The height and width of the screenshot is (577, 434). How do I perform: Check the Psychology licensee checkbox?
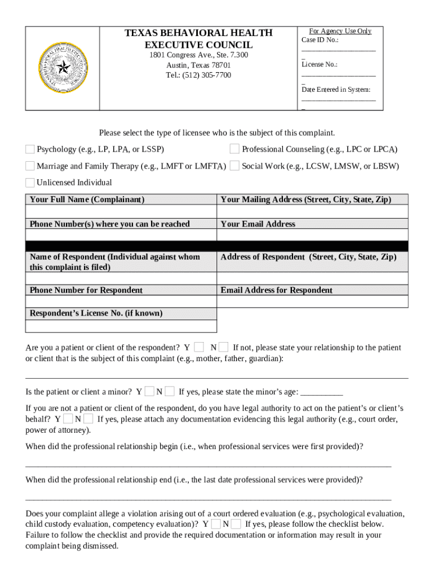click(x=30, y=149)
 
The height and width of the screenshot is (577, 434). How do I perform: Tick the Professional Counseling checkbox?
click(x=234, y=149)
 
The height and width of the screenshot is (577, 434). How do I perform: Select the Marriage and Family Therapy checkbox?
click(x=30, y=166)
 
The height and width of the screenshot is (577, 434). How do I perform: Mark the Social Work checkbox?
click(x=234, y=166)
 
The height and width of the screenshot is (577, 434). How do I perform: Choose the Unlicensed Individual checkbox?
click(x=30, y=183)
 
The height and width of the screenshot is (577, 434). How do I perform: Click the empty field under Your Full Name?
click(x=121, y=212)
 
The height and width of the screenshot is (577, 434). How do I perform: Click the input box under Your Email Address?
click(x=312, y=235)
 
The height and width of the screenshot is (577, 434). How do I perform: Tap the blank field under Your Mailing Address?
click(x=312, y=212)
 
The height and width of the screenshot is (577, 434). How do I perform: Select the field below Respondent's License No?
click(x=121, y=326)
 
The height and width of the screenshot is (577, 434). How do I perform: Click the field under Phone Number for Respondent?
click(x=121, y=301)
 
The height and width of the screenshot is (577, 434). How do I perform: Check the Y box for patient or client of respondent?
click(x=198, y=348)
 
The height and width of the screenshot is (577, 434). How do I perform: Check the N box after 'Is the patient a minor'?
click(x=170, y=392)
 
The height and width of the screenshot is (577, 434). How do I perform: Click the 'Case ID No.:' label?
click(x=320, y=40)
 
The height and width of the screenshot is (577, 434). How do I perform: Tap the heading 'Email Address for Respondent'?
click(x=276, y=290)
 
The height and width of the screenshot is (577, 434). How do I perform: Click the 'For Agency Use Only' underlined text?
click(x=340, y=31)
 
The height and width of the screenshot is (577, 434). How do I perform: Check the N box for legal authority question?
click(x=89, y=419)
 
